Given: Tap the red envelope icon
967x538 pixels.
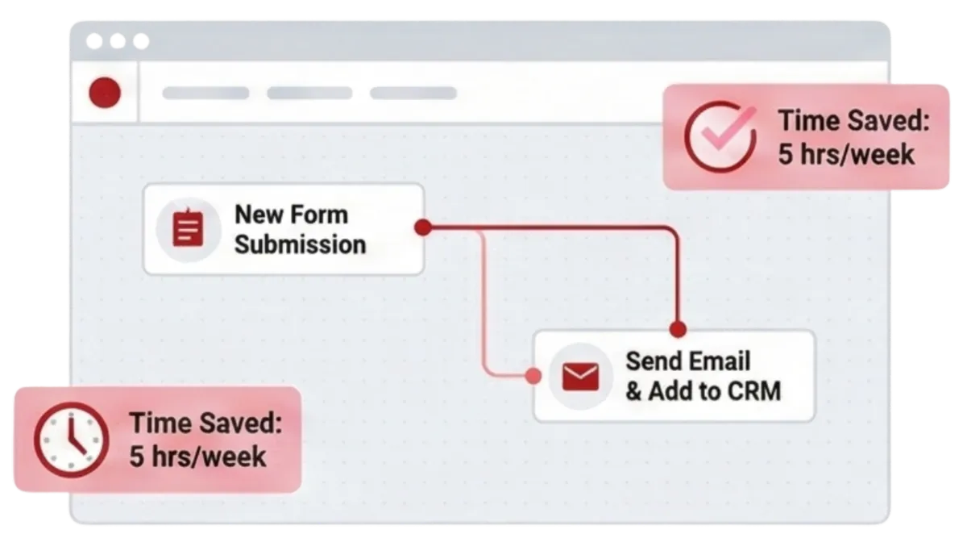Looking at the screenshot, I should [x=579, y=377].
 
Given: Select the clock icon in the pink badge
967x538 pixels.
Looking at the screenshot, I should [x=70, y=440].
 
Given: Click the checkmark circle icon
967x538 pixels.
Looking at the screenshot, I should [x=720, y=136].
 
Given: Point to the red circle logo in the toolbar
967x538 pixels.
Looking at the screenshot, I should [x=105, y=93].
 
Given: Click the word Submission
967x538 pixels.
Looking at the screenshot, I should [x=300, y=244].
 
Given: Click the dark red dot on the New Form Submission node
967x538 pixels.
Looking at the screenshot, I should [x=421, y=228].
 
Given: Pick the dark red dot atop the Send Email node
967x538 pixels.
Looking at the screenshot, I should [x=678, y=329].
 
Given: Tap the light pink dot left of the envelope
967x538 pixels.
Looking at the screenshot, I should [x=532, y=375].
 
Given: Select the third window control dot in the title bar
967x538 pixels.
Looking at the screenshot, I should [x=141, y=41].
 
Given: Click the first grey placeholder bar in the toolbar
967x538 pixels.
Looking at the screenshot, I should [x=205, y=93].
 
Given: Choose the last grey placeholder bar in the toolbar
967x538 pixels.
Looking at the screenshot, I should [x=413, y=93].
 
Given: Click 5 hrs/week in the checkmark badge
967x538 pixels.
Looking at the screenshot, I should [x=846, y=153].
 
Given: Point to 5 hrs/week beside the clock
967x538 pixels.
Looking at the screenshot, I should [x=197, y=456].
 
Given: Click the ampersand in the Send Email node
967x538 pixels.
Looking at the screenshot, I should [x=634, y=392].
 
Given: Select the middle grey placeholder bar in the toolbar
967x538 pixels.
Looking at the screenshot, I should [x=309, y=93].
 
